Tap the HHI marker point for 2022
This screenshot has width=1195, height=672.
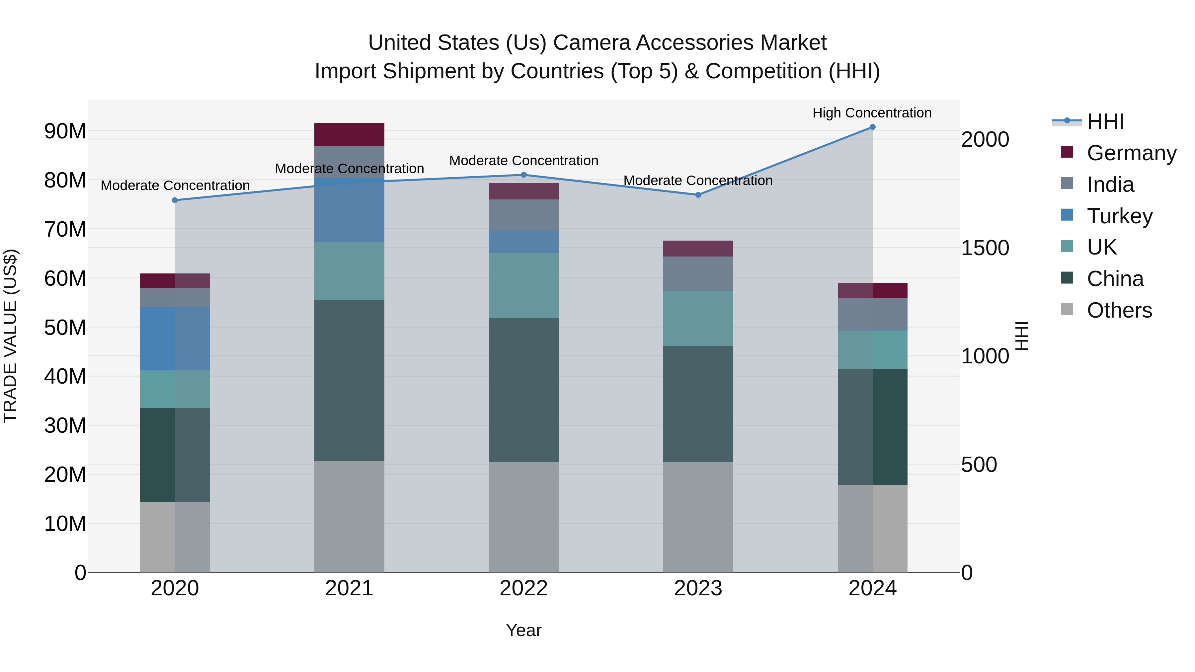[524, 175]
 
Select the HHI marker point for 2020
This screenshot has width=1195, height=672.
[175, 200]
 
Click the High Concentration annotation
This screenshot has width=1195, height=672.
[872, 113]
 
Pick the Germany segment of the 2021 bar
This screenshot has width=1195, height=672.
[349, 134]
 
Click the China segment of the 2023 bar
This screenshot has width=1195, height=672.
[698, 404]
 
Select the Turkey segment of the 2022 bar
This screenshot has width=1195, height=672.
[524, 242]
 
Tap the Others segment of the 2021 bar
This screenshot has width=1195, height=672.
[349, 516]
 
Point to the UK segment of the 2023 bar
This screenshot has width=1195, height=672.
[698, 318]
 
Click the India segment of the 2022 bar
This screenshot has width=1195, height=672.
[524, 215]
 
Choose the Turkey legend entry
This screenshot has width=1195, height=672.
[1119, 216]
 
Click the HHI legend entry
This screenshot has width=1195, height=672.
[1105, 121]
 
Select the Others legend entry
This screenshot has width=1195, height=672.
[1119, 310]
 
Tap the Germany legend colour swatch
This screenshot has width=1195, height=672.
[1067, 152]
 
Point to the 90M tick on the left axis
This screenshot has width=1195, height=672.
[65, 131]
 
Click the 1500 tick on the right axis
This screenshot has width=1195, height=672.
[985, 248]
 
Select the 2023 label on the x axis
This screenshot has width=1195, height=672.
[698, 588]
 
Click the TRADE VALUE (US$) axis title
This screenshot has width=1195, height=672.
[10, 336]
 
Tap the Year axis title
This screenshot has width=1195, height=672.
[524, 630]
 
